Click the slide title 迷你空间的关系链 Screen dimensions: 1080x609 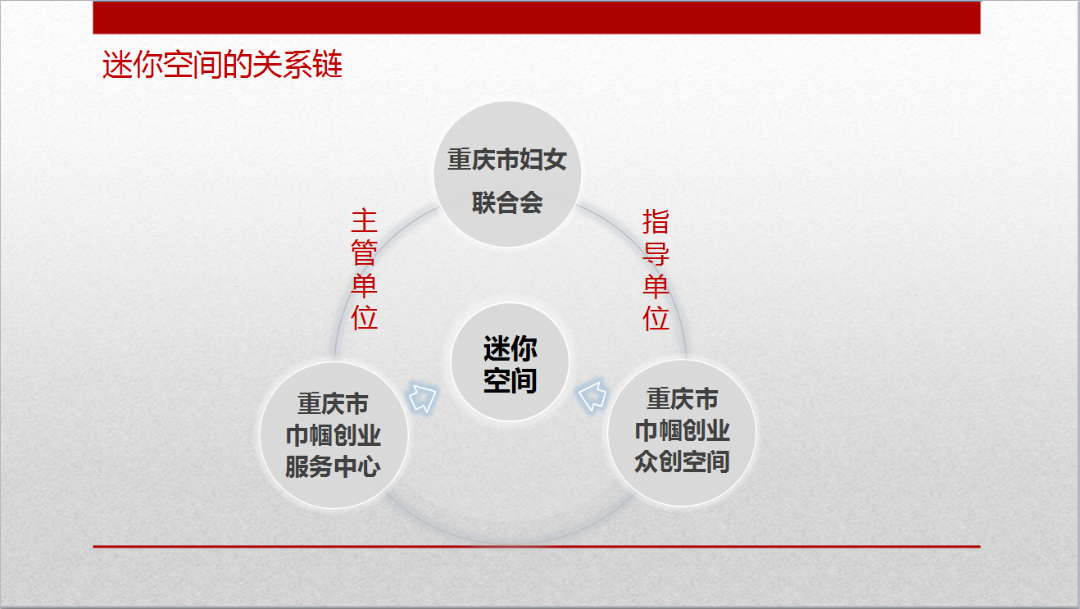(x=222, y=64)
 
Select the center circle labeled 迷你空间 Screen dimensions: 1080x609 (x=511, y=362)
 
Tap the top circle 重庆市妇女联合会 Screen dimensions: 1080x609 (x=507, y=174)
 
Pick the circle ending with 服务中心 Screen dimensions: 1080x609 (x=334, y=435)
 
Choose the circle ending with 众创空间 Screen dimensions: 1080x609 (x=682, y=433)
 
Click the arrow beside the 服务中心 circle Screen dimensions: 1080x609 (x=423, y=398)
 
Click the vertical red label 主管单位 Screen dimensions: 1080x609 (x=364, y=270)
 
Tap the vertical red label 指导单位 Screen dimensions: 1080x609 (x=656, y=270)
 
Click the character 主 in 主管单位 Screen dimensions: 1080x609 (x=364, y=221)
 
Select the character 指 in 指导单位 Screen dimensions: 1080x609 (x=656, y=222)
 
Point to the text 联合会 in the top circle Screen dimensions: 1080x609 (x=507, y=202)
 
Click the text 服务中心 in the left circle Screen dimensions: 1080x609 (x=334, y=466)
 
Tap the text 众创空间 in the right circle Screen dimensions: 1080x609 (x=682, y=461)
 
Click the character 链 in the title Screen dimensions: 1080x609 (x=328, y=64)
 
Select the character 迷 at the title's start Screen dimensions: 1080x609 (x=116, y=64)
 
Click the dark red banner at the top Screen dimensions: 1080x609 (x=537, y=17)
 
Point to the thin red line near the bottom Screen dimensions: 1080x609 (x=537, y=547)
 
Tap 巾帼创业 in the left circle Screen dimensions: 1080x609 (x=334, y=435)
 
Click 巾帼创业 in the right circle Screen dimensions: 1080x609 (x=682, y=430)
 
